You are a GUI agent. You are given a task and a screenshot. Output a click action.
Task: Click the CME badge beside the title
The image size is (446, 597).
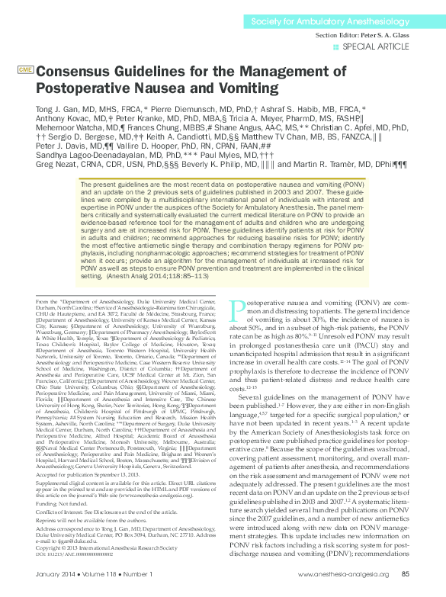tap(24, 69)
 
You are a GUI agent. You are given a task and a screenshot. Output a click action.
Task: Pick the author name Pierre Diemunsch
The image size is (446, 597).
tap(182, 109)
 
